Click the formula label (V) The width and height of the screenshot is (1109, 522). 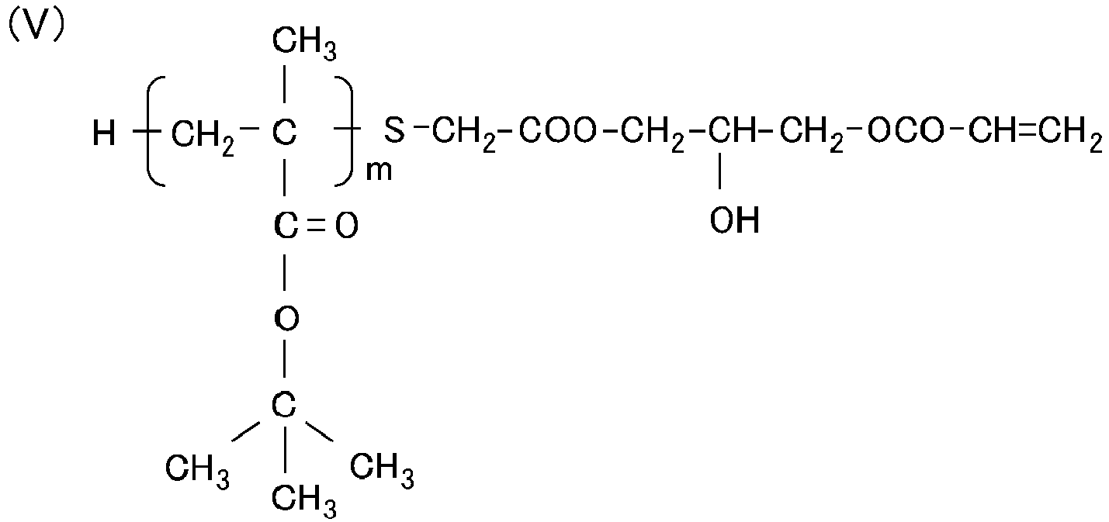pos(36,26)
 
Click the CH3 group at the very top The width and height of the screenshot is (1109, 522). pos(304,43)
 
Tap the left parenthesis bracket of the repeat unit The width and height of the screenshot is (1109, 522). pos(155,131)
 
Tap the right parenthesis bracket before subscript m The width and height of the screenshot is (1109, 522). pos(345,131)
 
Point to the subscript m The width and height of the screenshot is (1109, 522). pos(379,171)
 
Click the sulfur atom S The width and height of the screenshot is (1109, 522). pos(394,131)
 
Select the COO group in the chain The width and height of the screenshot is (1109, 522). pos(557,131)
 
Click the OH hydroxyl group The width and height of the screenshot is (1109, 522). pos(734,220)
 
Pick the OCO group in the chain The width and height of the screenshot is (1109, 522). pos(906,131)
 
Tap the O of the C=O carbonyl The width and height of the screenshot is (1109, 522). pos(347,226)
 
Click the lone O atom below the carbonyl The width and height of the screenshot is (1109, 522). pos(286,318)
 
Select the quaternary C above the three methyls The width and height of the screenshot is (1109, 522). pos(284,405)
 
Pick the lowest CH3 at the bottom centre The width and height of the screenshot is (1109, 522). pos(304,501)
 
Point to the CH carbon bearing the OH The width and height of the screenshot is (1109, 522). pos(733,131)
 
